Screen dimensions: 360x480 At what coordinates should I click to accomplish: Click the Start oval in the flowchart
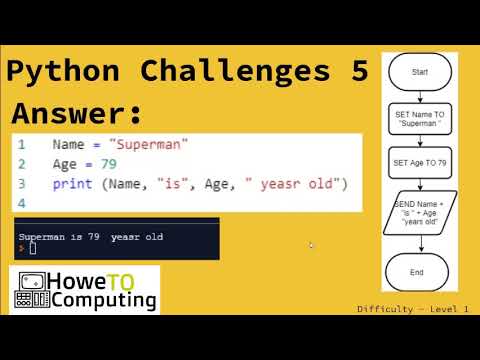pos(420,71)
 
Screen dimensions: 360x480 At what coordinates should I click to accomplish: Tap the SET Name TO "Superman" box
pos(420,119)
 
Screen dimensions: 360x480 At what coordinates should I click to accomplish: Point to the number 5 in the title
pos(357,71)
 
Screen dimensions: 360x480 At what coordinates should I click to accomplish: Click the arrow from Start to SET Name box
pos(420,96)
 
